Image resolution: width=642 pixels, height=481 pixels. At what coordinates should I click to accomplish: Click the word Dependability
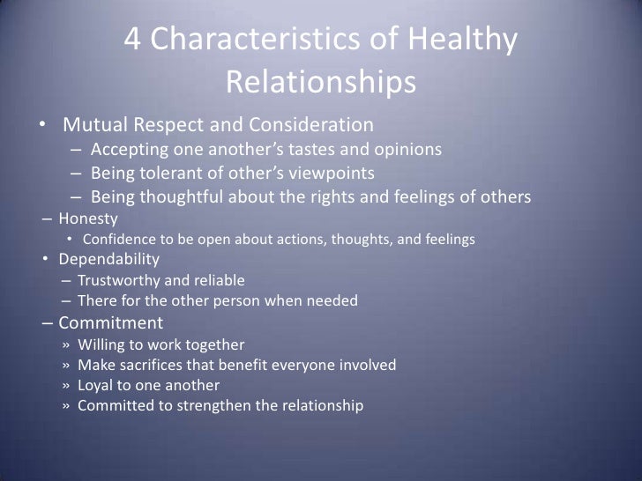pos(109,260)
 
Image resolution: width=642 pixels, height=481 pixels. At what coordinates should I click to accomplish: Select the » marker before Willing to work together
pos(68,344)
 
